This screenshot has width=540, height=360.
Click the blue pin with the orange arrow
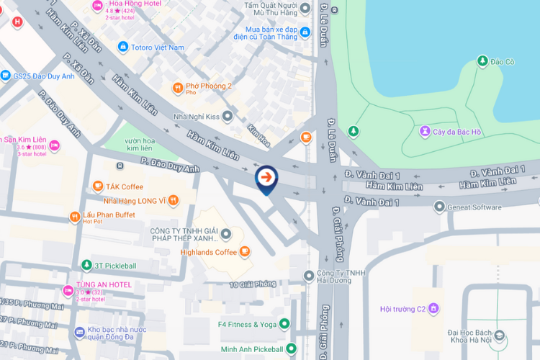pyautogui.click(x=266, y=177)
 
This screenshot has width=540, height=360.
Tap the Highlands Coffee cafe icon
pyautogui.click(x=245, y=251)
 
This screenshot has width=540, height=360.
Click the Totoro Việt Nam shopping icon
pyautogui.click(x=123, y=47)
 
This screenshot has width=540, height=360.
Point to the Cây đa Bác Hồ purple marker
pyautogui.click(x=426, y=131)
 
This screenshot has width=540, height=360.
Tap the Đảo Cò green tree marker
pyautogui.click(x=482, y=61)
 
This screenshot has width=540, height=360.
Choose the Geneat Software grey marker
pyautogui.click(x=439, y=207)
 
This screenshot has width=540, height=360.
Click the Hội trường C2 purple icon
pyautogui.click(x=433, y=309)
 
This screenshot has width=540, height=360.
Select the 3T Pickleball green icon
pyautogui.click(x=86, y=266)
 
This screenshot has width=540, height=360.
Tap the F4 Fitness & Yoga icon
pyautogui.click(x=284, y=324)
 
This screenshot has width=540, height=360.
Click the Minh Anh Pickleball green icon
pyautogui.click(x=291, y=348)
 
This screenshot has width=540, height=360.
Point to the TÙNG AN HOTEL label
pyautogui.click(x=104, y=284)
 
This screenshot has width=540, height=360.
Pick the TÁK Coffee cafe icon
pyautogui.click(x=98, y=186)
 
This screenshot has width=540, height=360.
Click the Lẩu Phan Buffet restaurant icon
pyautogui.click(x=74, y=217)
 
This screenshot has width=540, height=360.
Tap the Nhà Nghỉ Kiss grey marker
pyautogui.click(x=228, y=116)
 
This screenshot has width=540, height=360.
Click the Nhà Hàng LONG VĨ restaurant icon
pyautogui.click(x=173, y=200)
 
